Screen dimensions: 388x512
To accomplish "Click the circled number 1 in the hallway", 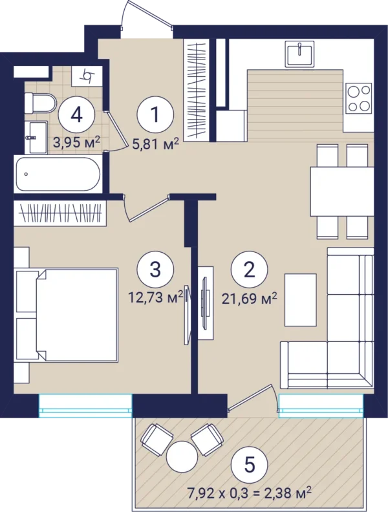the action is pyautogui.click(x=155, y=114).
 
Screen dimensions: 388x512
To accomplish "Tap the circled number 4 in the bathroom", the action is pyautogui.click(x=76, y=114).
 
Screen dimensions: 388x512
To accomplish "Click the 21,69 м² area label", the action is pyautogui.click(x=249, y=299).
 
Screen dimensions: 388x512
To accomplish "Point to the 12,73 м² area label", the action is pyautogui.click(x=156, y=298).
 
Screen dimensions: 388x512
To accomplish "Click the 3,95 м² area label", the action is pyautogui.click(x=76, y=143).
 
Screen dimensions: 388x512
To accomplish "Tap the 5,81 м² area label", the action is pyautogui.click(x=156, y=144).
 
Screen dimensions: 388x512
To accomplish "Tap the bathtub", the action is pyautogui.click(x=58, y=174).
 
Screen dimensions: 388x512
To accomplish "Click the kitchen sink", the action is pyautogui.click(x=300, y=54).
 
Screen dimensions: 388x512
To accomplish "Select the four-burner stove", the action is pyautogui.click(x=360, y=98).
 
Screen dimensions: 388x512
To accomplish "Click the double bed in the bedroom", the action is pyautogui.click(x=76, y=315).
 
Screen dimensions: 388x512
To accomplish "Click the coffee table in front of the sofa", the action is pyautogui.click(x=301, y=300).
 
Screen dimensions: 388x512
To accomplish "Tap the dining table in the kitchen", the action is pyautogui.click(x=342, y=191).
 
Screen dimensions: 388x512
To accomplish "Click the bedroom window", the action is pyautogui.click(x=85, y=405).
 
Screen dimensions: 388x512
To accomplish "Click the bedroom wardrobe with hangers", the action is pyautogui.click(x=60, y=213).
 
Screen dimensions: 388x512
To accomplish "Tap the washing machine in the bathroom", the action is pyautogui.click(x=87, y=76).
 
